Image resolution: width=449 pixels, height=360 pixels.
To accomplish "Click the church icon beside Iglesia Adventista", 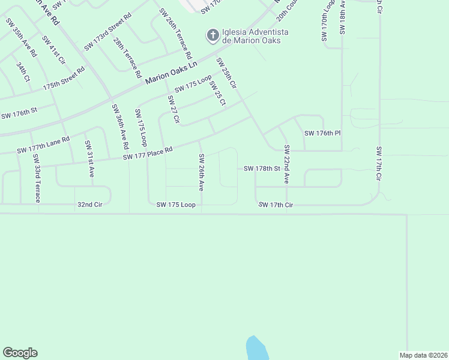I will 212,36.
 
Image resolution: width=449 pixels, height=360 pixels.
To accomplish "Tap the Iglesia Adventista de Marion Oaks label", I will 256,36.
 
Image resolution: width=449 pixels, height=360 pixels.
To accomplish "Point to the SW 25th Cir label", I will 227,74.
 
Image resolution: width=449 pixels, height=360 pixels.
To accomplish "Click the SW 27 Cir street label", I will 173,110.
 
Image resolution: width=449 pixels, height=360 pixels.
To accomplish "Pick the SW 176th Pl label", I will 322,133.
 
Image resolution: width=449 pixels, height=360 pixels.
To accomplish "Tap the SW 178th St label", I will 262,169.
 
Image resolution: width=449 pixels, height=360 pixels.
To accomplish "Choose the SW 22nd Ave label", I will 288,164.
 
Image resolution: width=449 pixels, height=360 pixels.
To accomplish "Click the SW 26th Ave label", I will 202,172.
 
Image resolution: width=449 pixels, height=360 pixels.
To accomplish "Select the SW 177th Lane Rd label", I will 43,145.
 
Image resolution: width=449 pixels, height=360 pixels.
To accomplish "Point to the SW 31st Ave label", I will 89,158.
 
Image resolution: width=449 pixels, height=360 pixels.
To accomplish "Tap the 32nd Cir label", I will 91,205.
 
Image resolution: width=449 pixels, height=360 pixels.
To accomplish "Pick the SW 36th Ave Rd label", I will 119,127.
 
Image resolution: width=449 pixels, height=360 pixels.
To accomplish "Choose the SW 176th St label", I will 19,113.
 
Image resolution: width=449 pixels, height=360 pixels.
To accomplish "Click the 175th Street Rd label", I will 64,79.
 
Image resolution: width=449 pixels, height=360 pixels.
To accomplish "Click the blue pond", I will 256,348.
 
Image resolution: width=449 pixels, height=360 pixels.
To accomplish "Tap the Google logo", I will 20,353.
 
